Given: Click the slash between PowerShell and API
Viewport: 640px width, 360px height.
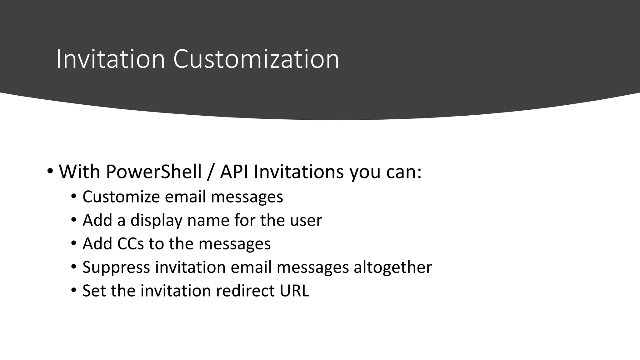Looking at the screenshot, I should point(211,172).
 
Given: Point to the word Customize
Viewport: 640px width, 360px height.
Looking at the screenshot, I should point(121,197).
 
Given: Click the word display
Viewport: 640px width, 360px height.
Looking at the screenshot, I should point(156,220).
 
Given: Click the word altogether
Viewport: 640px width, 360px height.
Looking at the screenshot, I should point(392,267).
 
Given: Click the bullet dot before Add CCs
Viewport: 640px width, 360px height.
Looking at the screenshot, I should point(74,243).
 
